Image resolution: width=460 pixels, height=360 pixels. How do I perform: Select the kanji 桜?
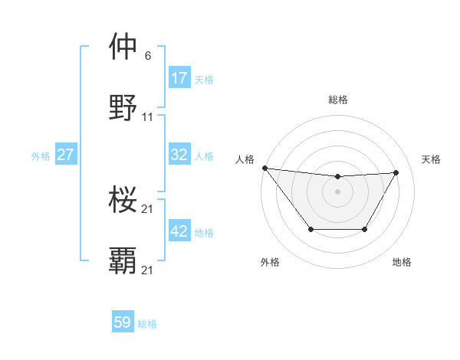coord(123,201)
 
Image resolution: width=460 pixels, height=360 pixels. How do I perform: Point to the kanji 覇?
coord(123,261)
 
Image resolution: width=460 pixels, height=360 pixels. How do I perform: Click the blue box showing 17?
coord(179,78)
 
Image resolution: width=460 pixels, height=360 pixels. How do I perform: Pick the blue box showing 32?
coord(179,155)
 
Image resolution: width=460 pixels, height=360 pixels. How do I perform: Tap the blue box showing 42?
coord(179,231)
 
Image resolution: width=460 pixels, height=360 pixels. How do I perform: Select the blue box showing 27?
coord(66,155)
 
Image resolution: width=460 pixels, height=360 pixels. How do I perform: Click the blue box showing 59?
coord(123,322)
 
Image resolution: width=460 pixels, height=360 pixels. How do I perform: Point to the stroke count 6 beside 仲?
coord(148,55)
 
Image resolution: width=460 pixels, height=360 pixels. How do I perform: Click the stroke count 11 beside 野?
coord(148,117)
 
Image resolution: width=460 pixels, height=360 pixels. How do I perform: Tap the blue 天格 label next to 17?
coord(204,79)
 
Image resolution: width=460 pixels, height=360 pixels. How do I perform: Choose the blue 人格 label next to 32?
coord(204,155)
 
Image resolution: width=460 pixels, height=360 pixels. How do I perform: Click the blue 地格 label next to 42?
coord(204,232)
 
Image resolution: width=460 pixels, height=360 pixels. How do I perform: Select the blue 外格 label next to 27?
coord(41,155)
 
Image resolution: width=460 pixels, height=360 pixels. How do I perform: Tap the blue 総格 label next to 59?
coord(147,324)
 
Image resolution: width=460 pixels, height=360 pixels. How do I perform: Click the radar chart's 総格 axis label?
coord(337,100)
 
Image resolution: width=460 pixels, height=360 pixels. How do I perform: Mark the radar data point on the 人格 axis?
coord(264,168)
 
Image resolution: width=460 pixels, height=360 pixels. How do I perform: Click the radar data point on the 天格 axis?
coord(396,172)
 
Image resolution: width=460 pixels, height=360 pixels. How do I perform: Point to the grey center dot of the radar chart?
coord(337,191)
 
